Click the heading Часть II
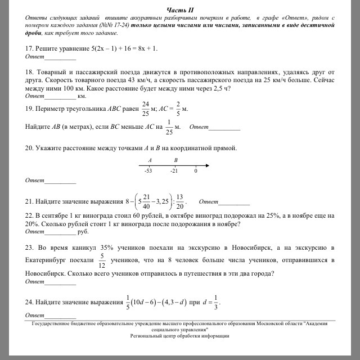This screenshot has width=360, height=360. coord(180,10)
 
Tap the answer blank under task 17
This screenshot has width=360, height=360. coord(60,57)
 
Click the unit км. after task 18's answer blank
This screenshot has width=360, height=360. coord(82,97)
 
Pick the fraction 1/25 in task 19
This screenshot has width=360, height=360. coord(169,127)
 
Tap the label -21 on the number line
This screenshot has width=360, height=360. coord(174,170)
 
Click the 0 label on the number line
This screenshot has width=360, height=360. coord(196,170)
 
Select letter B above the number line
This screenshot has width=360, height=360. coord(175,160)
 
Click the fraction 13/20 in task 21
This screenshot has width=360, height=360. coord(180,201)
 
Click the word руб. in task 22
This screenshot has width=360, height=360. coord(83,231)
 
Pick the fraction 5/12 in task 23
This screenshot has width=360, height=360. coord(101,260)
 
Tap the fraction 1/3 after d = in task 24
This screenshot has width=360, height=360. coord(216,301)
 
